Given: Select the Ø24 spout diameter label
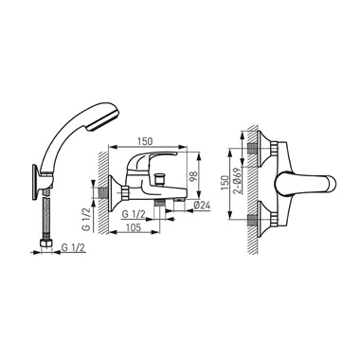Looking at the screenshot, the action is pos(201,206).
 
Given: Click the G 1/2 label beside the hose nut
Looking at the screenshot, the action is pos(73,248).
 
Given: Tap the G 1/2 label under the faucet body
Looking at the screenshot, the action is pos(134,214).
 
